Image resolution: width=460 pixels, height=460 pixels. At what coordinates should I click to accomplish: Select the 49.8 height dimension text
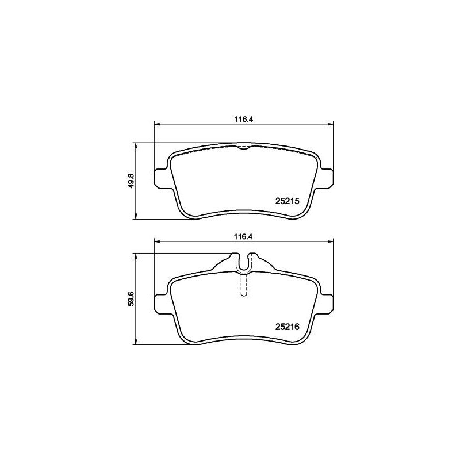(x=132, y=181)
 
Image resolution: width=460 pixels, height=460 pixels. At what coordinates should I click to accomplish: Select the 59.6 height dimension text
(x=132, y=299)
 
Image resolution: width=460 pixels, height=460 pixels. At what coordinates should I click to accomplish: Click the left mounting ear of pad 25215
(x=161, y=178)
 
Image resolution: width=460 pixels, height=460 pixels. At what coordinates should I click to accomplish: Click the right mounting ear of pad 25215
(x=327, y=178)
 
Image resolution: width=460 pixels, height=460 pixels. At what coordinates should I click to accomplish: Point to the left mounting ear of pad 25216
(x=161, y=303)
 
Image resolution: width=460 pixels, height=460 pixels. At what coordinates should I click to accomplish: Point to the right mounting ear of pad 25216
(x=327, y=303)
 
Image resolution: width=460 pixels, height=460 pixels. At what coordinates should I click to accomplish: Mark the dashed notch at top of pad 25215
(x=244, y=147)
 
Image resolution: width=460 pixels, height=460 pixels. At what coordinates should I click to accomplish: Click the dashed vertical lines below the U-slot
(x=244, y=285)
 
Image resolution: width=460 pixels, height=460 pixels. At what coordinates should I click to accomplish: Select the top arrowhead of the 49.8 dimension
(x=136, y=145)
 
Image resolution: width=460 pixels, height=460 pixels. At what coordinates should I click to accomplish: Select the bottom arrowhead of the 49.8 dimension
(x=136, y=217)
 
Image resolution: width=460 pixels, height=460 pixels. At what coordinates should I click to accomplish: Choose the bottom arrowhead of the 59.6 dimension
(x=136, y=342)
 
